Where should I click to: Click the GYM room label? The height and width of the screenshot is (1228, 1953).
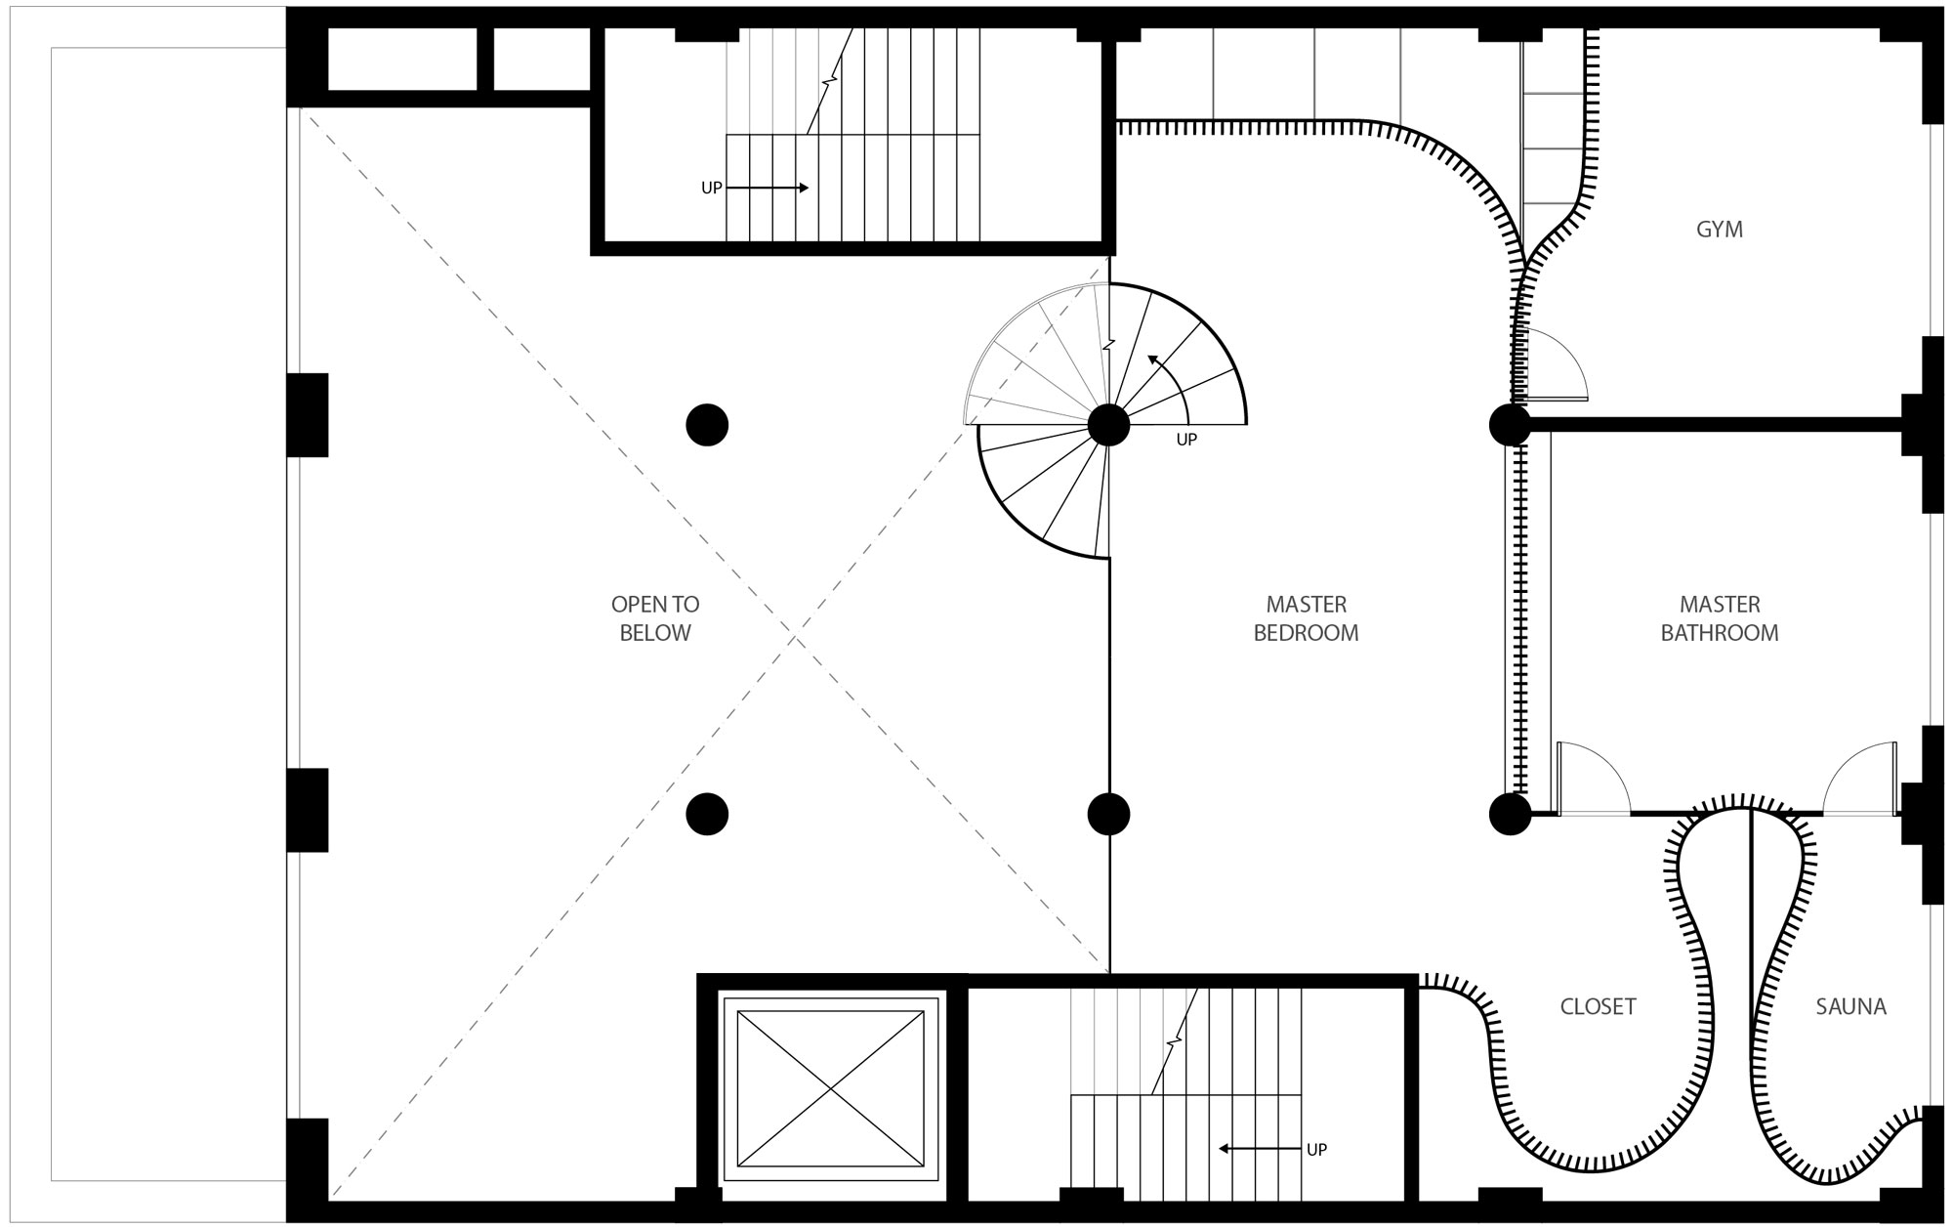click(1719, 230)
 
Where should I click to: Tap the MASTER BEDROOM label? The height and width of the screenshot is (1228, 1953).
click(1306, 618)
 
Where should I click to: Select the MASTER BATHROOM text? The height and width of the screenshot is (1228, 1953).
click(1719, 618)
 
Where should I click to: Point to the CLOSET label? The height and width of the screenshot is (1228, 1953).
click(1598, 1006)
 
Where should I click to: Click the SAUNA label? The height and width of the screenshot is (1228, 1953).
click(1850, 1006)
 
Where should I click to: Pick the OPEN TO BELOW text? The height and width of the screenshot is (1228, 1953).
click(655, 618)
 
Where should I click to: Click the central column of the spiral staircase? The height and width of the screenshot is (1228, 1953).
click(1108, 425)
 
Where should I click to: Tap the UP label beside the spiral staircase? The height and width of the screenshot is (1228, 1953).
click(1186, 440)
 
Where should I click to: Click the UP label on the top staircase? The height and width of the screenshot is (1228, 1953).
click(712, 188)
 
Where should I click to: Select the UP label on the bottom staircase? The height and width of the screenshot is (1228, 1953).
click(1316, 1150)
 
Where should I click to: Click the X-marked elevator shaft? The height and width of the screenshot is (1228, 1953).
click(830, 1088)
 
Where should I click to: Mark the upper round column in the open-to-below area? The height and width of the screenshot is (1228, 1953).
click(707, 425)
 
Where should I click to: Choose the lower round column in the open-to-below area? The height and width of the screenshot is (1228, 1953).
click(707, 814)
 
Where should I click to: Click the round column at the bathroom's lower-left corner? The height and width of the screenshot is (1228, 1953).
click(1510, 814)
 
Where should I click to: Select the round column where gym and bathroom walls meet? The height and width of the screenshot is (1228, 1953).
click(1510, 425)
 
